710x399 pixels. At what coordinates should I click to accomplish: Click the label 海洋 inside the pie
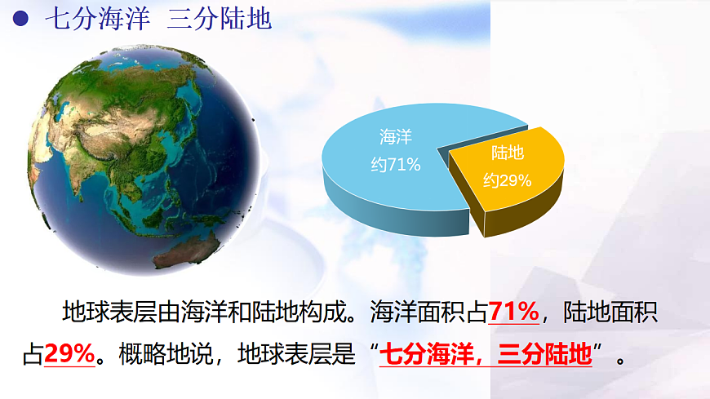(x=395, y=137)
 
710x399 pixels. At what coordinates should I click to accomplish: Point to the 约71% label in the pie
(x=395, y=165)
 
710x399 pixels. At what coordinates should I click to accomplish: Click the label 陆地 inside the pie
(x=507, y=153)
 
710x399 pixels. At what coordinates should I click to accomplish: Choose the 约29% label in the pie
(x=507, y=180)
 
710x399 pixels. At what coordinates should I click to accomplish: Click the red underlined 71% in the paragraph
(x=513, y=311)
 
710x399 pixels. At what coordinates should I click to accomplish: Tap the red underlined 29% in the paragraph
(x=69, y=354)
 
